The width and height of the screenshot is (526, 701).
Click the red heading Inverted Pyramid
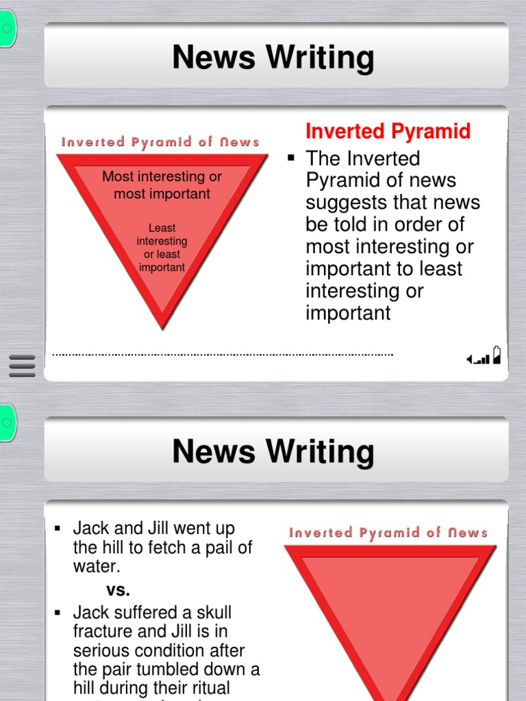(x=388, y=131)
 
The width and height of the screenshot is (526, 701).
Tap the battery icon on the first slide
(x=497, y=355)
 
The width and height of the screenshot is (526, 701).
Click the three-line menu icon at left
(x=22, y=366)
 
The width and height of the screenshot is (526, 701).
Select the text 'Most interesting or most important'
(x=162, y=185)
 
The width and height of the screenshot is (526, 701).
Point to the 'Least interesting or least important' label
(x=162, y=248)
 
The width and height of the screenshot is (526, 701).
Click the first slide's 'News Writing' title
(x=273, y=58)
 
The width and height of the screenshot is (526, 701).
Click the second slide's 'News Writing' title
(x=273, y=452)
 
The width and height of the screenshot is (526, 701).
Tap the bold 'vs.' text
(x=118, y=589)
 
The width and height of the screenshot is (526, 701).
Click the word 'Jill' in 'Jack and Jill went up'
(x=157, y=528)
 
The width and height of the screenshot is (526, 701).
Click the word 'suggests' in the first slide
(x=343, y=203)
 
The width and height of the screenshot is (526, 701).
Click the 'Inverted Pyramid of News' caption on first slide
(x=161, y=142)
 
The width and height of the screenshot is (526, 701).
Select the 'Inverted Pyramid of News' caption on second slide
(x=388, y=533)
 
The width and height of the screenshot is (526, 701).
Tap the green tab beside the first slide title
(x=6, y=29)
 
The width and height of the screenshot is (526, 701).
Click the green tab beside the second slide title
(x=6, y=422)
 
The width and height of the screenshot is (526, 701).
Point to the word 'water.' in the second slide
(x=97, y=567)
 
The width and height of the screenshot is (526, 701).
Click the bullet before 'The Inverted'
(x=291, y=158)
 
